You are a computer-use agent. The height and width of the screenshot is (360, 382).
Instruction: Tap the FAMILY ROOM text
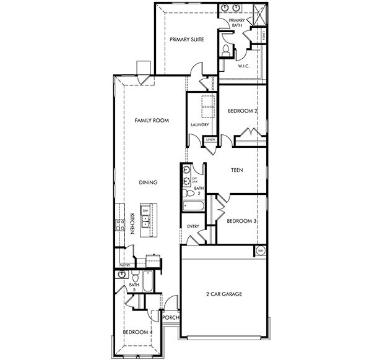coord(152,121)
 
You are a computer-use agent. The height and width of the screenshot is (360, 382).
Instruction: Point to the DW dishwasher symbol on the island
coord(145,211)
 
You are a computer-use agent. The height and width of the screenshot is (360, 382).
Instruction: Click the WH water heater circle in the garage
coord(261,250)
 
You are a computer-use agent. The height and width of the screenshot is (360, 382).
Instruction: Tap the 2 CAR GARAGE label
coord(224,295)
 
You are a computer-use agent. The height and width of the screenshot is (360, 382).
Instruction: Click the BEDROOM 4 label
coord(137,333)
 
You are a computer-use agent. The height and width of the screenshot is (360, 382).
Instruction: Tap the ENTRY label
coord(193,226)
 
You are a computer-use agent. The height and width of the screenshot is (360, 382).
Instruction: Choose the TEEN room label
coord(237,169)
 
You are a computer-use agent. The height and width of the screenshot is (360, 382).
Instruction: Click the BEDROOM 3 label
coord(242,221)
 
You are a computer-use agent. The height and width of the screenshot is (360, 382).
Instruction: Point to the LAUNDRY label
coord(201,124)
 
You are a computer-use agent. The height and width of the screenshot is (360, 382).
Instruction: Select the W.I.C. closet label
coord(243,65)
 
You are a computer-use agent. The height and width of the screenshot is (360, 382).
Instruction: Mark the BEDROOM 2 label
coord(242,111)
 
